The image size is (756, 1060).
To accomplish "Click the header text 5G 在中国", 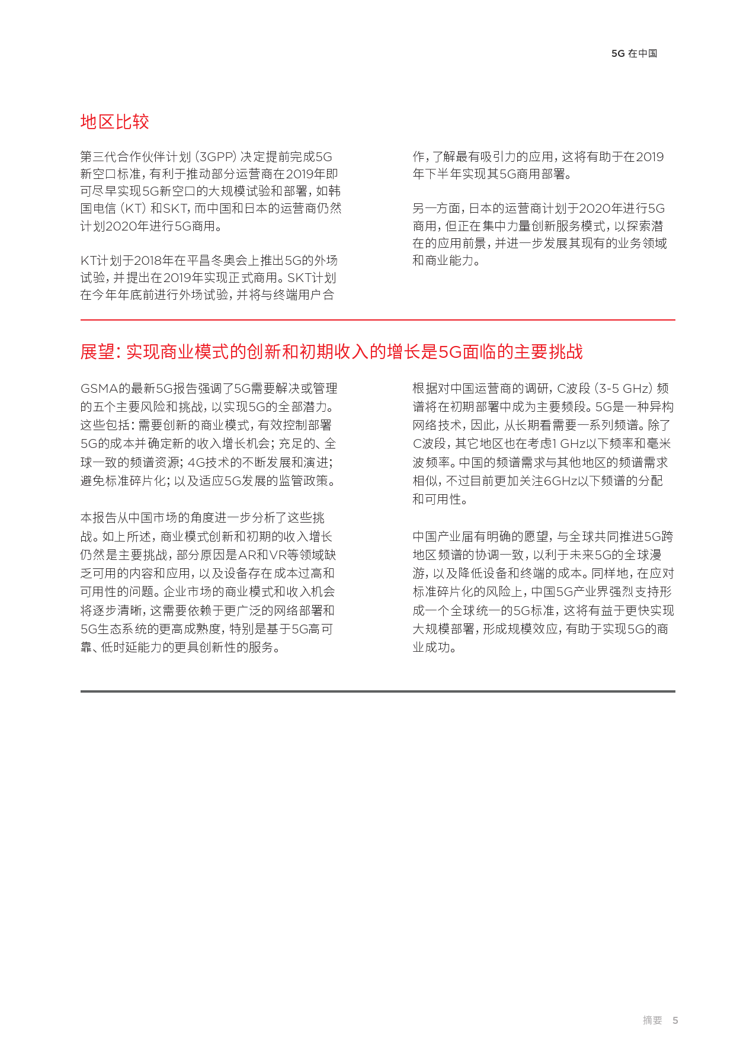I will [x=634, y=53].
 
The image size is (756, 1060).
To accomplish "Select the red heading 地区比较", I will [x=114, y=121].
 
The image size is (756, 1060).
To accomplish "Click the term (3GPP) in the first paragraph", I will [x=216, y=157].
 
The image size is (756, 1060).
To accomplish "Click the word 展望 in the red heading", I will [x=97, y=352].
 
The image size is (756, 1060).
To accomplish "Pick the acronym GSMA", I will [x=99, y=389].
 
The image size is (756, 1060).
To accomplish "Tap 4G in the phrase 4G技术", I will [x=196, y=463].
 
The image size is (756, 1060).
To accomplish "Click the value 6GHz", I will [x=560, y=481].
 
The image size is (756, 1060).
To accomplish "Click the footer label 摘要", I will [x=652, y=1020].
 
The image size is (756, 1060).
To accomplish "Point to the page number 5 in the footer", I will [x=675, y=1020].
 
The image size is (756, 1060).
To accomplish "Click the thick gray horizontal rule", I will [x=377, y=691].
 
